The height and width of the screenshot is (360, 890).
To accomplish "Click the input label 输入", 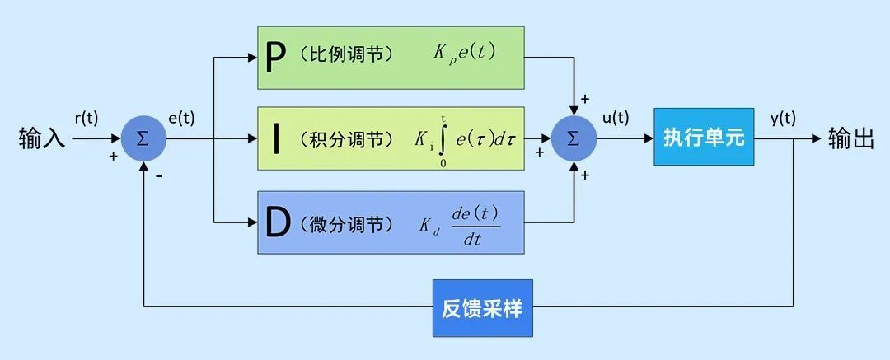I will pyautogui.click(x=41, y=138).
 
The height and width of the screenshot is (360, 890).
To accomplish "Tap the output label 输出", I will pyautogui.click(x=850, y=138).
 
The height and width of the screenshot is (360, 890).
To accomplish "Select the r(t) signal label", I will pyautogui.click(x=86, y=118).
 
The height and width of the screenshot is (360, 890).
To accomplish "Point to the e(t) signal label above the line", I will pyautogui.click(x=182, y=118).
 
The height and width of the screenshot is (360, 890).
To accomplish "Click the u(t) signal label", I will pyautogui.click(x=616, y=118).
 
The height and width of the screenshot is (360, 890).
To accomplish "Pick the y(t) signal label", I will pyautogui.click(x=783, y=118).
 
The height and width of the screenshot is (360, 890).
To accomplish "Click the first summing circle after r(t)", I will pyautogui.click(x=143, y=138).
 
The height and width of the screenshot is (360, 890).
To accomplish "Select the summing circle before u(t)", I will pyautogui.click(x=574, y=138).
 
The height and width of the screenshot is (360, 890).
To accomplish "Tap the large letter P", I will pyautogui.click(x=277, y=57).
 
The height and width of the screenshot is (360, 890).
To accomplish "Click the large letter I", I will pyautogui.click(x=275, y=139).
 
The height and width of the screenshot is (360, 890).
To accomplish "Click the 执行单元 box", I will pyautogui.click(x=704, y=138).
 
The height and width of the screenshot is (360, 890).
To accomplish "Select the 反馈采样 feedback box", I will pyautogui.click(x=482, y=309).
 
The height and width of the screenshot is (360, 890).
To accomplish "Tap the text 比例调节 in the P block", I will pyautogui.click(x=346, y=55).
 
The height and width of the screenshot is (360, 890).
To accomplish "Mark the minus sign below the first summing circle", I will pyautogui.click(x=157, y=175).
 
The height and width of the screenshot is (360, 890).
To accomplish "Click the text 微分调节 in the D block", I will pyautogui.click(x=347, y=224).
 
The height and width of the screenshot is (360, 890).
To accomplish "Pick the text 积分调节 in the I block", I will pyautogui.click(x=347, y=140).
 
